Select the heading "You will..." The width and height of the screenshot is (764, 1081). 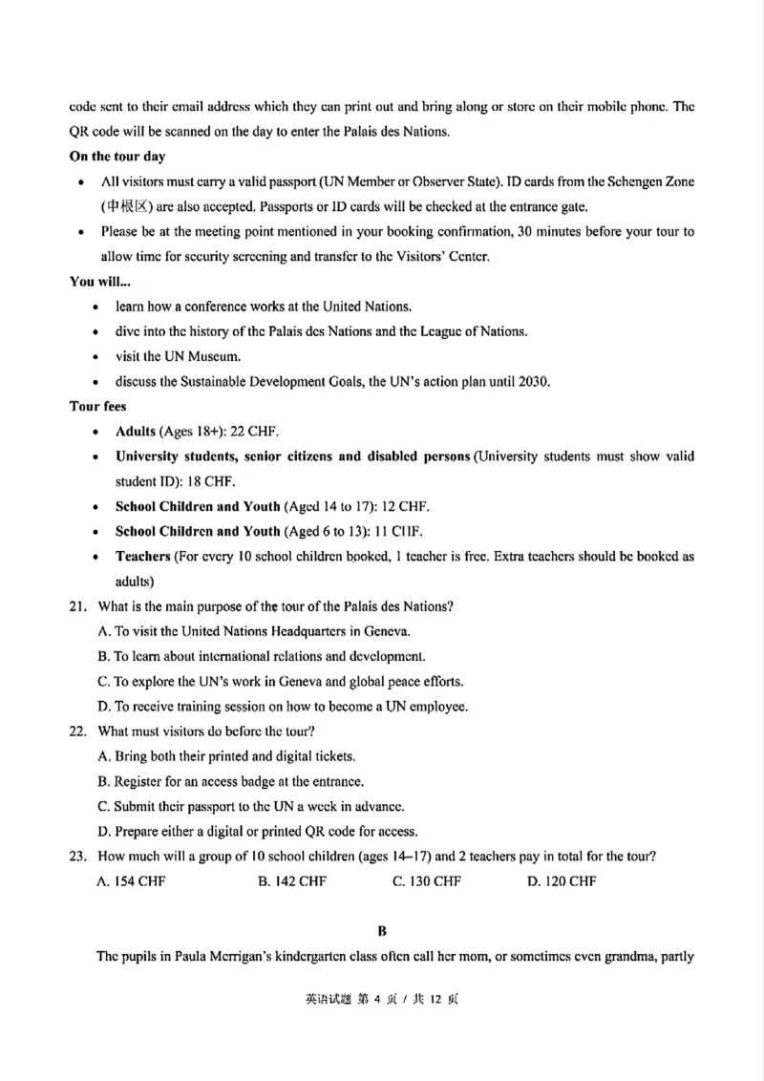pyautogui.click(x=100, y=282)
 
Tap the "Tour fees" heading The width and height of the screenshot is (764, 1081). pyautogui.click(x=98, y=406)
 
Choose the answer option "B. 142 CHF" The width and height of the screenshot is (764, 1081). pyautogui.click(x=292, y=881)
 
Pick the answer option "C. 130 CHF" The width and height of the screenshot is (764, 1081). pyautogui.click(x=427, y=881)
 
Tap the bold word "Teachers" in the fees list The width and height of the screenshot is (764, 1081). pyautogui.click(x=142, y=556)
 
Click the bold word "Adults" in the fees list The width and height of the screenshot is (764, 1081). pyautogui.click(x=136, y=432)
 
